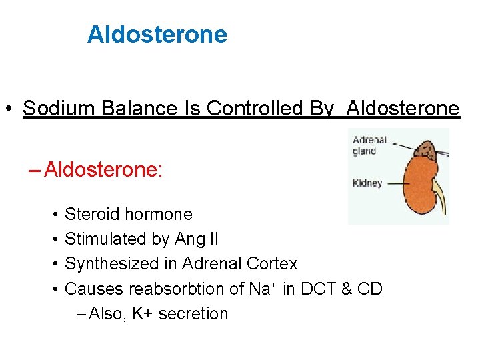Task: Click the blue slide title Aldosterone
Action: (157, 34)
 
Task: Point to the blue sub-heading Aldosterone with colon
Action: (103, 170)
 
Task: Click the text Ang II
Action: (197, 239)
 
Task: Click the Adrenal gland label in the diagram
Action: (369, 145)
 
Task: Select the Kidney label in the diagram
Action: (367, 183)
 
